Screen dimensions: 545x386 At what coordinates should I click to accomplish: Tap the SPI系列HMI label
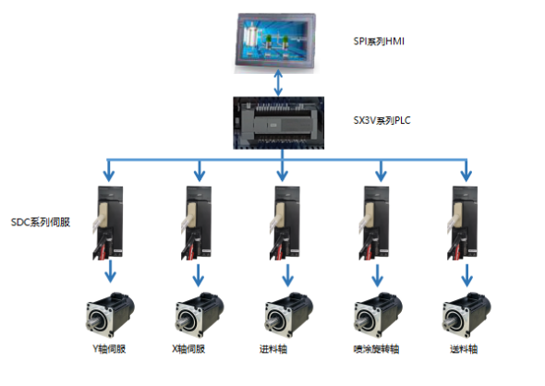click(x=379, y=42)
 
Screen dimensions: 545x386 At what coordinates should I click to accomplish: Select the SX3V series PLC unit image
click(x=278, y=123)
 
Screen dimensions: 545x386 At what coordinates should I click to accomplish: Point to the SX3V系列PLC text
click(x=381, y=120)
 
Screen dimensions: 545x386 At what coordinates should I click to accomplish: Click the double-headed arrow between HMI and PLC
click(x=278, y=83)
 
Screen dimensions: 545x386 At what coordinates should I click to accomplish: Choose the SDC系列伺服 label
click(x=41, y=222)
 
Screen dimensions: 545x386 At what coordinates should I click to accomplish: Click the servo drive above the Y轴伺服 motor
click(x=108, y=223)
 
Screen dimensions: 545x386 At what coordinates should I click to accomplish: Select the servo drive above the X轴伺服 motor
click(x=197, y=223)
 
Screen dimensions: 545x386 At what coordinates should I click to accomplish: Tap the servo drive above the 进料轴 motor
click(x=285, y=223)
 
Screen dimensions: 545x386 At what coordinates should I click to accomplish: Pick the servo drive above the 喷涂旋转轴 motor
click(x=374, y=223)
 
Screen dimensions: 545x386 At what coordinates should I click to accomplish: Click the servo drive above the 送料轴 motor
click(x=462, y=223)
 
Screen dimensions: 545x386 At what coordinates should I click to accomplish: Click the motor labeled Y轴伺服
click(x=110, y=315)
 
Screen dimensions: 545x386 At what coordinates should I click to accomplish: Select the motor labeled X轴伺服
click(x=200, y=315)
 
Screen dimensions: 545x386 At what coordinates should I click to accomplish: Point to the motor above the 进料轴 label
click(x=288, y=315)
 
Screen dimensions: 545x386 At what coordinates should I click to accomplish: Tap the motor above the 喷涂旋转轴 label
click(x=378, y=315)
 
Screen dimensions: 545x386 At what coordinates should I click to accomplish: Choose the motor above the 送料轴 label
click(x=466, y=315)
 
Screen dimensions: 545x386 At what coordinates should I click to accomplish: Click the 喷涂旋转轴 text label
click(x=376, y=349)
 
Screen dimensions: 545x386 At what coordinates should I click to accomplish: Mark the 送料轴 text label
click(x=464, y=349)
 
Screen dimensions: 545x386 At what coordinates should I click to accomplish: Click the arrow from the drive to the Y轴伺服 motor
click(x=111, y=271)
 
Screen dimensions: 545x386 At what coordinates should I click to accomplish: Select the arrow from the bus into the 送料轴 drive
click(x=466, y=171)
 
